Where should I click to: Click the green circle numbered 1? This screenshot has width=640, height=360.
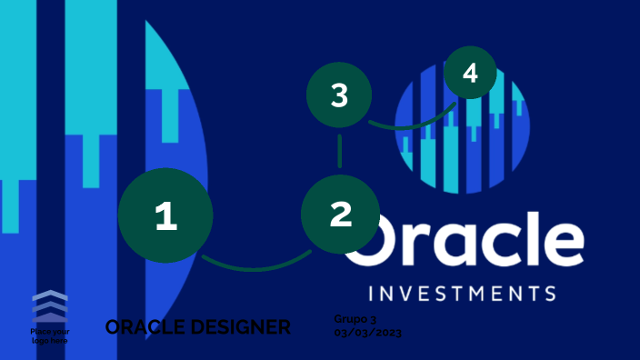(165, 216)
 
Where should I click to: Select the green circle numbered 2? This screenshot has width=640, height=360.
(340, 214)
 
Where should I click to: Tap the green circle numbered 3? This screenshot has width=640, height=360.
(339, 95)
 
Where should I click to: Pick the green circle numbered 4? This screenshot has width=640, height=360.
(470, 73)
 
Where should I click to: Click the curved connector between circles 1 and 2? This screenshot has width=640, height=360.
(255, 267)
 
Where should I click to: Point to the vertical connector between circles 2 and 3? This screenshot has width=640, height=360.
(339, 151)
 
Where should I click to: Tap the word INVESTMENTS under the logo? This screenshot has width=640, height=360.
(463, 294)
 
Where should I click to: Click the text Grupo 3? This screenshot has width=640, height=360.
(355, 319)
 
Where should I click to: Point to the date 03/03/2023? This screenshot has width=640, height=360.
(367, 333)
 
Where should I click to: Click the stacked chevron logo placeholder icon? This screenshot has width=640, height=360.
(49, 305)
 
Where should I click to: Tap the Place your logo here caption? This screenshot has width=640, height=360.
(49, 335)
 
